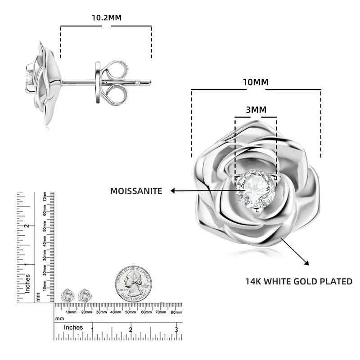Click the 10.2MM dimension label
(x=107, y=18)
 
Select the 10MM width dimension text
(x=255, y=82)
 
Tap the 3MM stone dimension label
(x=256, y=109)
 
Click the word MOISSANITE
(x=136, y=191)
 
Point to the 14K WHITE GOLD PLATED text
(x=298, y=282)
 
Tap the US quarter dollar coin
(x=133, y=283)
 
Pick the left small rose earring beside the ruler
(x=67, y=295)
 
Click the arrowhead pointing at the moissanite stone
(x=173, y=191)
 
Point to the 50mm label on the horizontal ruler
(x=130, y=312)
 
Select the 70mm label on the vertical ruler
(x=45, y=197)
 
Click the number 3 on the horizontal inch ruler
(x=176, y=330)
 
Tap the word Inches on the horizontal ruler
(x=73, y=328)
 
